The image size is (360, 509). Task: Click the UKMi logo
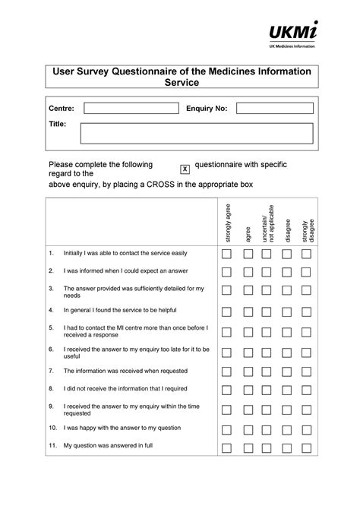293,34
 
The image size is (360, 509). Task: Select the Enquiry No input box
274,109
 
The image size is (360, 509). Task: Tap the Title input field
197,133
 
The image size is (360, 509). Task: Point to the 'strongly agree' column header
228,223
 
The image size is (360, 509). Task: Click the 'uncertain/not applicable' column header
267,223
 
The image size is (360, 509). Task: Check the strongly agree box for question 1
226,254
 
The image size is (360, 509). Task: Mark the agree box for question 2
248,272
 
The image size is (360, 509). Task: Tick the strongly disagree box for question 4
306,312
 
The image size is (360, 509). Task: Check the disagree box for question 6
286,353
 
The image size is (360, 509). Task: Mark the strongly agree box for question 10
226,430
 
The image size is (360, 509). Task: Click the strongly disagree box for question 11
306,448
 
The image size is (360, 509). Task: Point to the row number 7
51,371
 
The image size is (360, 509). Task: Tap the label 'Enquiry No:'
207,109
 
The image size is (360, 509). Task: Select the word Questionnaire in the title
154,71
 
